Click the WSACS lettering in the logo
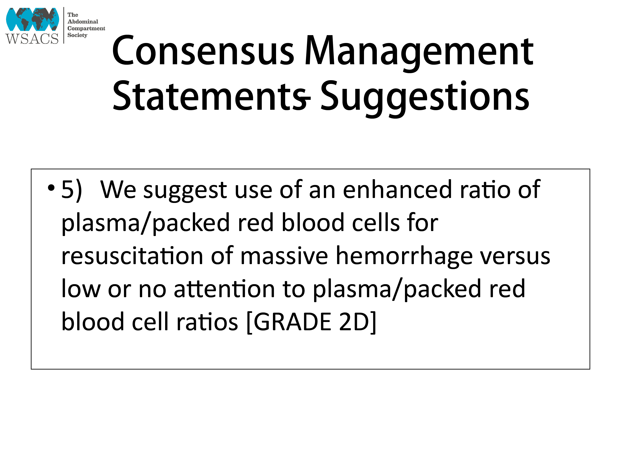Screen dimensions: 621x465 (x=32, y=39)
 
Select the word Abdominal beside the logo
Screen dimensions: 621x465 (x=83, y=21)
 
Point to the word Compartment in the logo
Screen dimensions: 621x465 (x=86, y=28)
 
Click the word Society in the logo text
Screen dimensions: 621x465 (x=77, y=35)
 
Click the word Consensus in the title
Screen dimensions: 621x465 (x=203, y=51)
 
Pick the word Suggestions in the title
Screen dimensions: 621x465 (x=424, y=98)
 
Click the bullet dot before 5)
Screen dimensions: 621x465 (x=51, y=188)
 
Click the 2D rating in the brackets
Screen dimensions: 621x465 (x=354, y=322)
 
